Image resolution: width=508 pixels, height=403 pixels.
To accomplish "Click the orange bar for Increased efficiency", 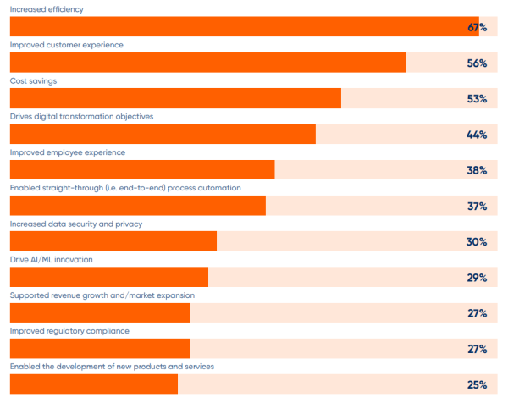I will [x=244, y=27].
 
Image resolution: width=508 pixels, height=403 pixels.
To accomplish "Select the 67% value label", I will [x=477, y=28].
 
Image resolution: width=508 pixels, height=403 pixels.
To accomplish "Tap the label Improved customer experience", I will [x=66, y=44].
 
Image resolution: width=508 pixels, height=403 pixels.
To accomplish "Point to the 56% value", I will [x=477, y=63].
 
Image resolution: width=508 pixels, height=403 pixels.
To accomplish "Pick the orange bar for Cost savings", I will [x=175, y=98].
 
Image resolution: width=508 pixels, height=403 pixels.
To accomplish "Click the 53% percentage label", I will [x=477, y=99].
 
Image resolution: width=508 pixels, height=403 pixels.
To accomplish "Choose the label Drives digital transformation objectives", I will [x=81, y=116].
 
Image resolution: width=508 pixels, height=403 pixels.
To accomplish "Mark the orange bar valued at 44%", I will [x=163, y=135].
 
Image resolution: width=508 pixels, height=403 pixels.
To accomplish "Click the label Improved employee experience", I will [x=68, y=152].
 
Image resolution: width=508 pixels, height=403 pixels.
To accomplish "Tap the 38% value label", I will [x=477, y=170].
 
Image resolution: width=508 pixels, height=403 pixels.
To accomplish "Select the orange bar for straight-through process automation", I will [x=137, y=206].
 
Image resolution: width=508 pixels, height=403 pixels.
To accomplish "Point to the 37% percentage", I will [x=477, y=206].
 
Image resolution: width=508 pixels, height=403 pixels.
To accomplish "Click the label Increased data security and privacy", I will [x=76, y=224].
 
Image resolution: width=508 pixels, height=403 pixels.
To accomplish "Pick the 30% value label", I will [x=477, y=242].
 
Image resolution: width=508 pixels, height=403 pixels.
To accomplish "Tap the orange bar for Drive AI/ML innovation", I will [x=108, y=278].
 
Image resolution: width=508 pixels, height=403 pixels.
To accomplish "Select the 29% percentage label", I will [x=477, y=278].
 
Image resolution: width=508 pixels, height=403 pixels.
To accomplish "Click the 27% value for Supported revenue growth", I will [x=477, y=313].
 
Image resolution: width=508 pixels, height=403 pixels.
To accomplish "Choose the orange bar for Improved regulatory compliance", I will [x=99, y=349].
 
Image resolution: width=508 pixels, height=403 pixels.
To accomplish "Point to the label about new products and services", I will [x=112, y=367].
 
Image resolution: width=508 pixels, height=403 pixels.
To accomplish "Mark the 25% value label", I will [x=477, y=385].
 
